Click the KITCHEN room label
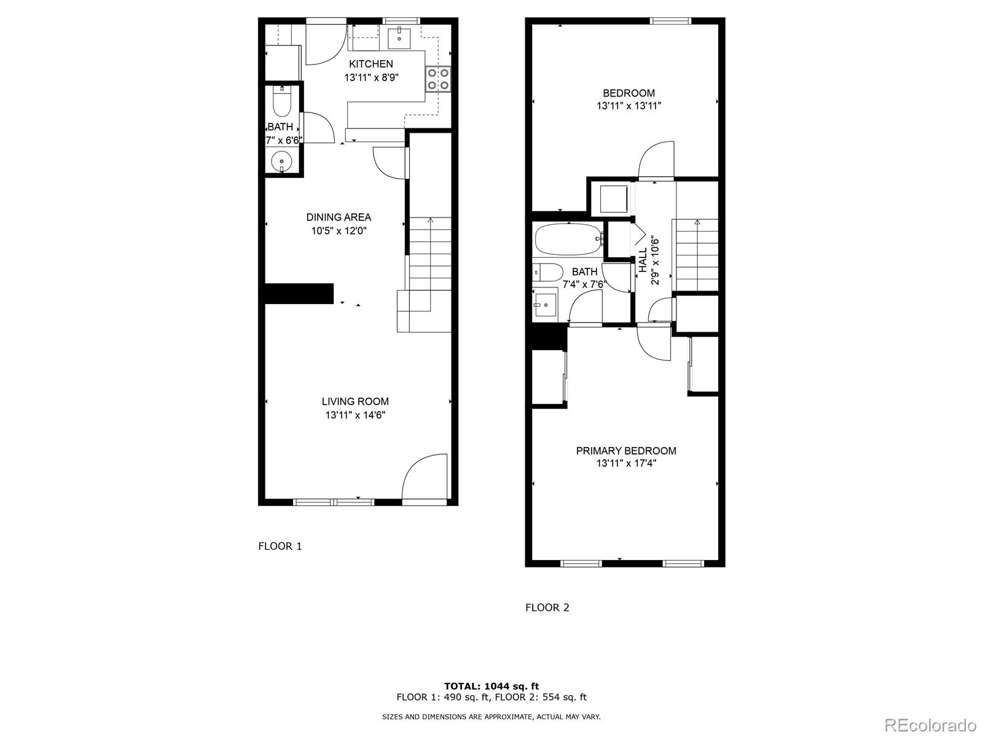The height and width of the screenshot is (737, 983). coord(371,64)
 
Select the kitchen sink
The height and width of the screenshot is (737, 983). coord(399,37)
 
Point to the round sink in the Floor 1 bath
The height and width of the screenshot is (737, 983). coord(282,162)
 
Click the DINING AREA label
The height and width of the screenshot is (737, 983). coord(339,217)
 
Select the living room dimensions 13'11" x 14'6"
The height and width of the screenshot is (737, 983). coord(355,415)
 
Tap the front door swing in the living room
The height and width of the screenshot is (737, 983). coord(424,476)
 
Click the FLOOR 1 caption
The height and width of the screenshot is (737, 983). coord(280,546)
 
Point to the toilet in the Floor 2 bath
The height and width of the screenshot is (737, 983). coord(548,271)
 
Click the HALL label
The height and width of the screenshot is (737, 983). coord(643,260)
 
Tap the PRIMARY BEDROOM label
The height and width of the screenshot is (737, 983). coord(625,451)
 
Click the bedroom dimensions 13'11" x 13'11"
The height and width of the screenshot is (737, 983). coord(629,106)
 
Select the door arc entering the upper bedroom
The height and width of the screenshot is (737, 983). coord(656,160)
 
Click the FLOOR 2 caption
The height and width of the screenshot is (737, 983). coord(547,607)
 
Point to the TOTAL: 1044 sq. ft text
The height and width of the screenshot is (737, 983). coord(491,686)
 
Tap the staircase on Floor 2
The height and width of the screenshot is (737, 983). coord(696,254)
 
